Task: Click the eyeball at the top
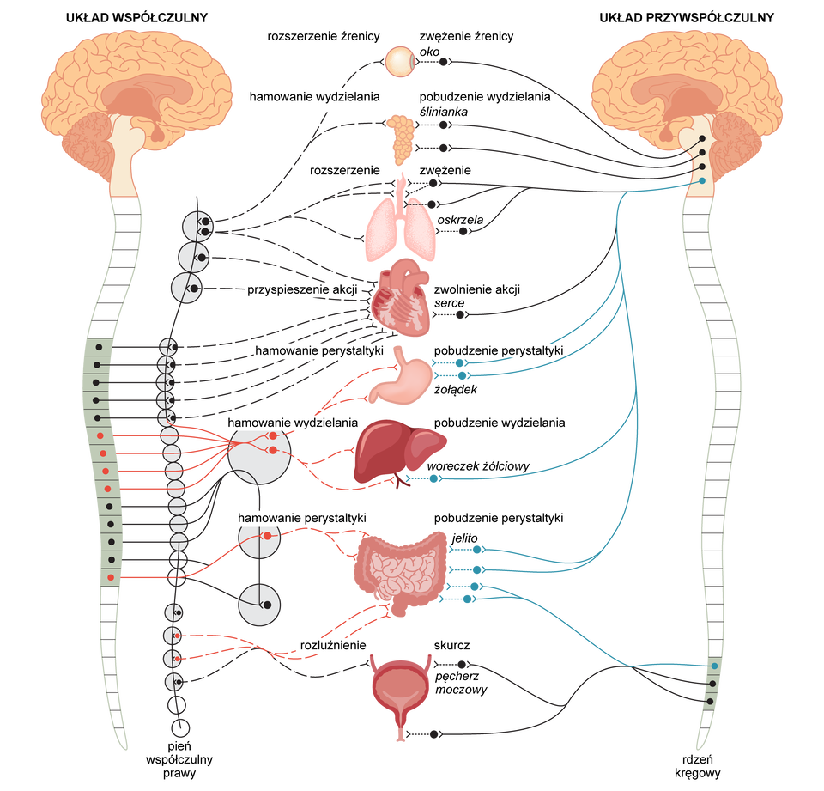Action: coord(400,61)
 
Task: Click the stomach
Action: coord(398,381)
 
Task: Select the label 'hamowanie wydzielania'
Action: coord(293,423)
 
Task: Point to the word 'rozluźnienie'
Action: coord(333,644)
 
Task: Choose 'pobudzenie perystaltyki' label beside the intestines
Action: coord(494,519)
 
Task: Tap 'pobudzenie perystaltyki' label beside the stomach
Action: coord(494,351)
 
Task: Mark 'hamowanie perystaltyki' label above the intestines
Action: coord(302,519)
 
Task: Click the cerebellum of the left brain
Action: coord(95,142)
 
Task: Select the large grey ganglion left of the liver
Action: coord(258,456)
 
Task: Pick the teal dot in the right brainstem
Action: coord(702,180)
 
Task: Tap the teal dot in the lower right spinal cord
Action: coord(713,666)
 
